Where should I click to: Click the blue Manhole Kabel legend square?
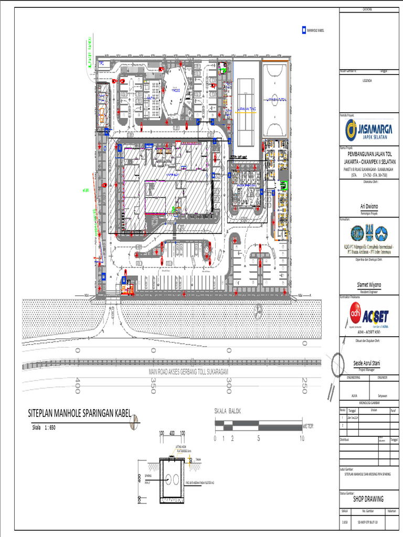(303, 30)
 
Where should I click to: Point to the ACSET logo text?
(379, 316)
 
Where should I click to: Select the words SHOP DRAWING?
(369, 499)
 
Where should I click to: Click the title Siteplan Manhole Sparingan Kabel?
(79, 414)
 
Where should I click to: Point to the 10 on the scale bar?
(302, 438)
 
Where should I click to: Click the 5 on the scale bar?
(259, 438)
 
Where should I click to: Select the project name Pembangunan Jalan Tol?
(370, 156)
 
